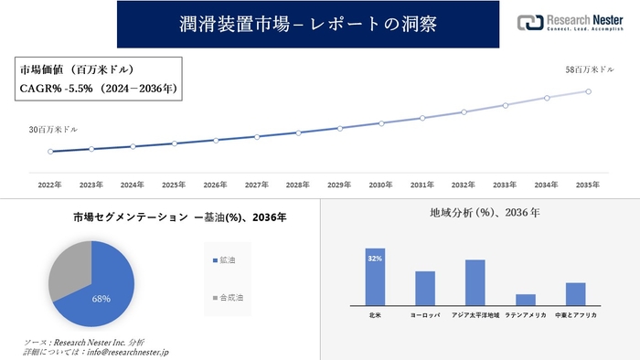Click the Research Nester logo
[x=572, y=23]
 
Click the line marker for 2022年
[x=50, y=152]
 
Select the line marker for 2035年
[x=588, y=90]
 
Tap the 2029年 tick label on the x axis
[x=339, y=185]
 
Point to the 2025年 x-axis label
[x=174, y=185]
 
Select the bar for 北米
[x=375, y=276]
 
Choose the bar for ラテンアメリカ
[x=525, y=299]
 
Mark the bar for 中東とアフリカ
[x=575, y=293]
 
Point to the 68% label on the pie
[x=101, y=298]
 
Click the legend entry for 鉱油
[x=223, y=261]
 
